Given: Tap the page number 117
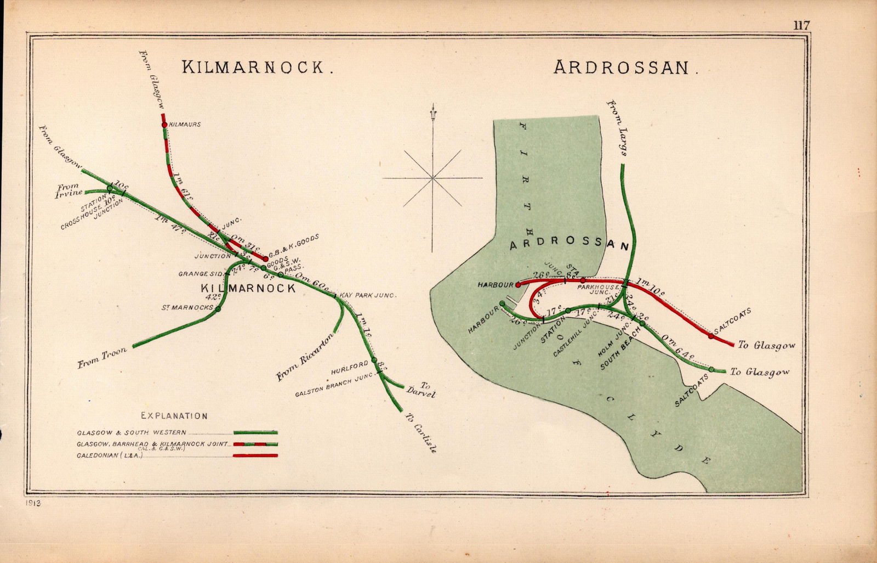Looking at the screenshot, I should pyautogui.click(x=800, y=25).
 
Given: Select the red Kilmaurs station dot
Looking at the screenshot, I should pyautogui.click(x=164, y=125).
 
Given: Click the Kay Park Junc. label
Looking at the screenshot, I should pyautogui.click(x=367, y=295).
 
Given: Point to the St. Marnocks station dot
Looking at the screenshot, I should pyautogui.click(x=218, y=309).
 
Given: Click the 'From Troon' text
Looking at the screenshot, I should pyautogui.click(x=102, y=358).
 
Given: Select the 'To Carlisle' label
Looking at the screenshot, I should pyautogui.click(x=421, y=433).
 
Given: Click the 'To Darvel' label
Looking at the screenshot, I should pyautogui.click(x=421, y=390).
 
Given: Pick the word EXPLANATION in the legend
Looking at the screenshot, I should pyautogui.click(x=174, y=416).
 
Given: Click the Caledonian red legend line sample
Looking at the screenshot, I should pyautogui.click(x=255, y=455).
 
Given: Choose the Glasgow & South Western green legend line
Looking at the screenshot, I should pyautogui.click(x=255, y=432).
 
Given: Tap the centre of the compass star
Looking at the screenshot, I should pyautogui.click(x=432, y=178).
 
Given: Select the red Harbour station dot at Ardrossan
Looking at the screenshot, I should pyautogui.click(x=518, y=285).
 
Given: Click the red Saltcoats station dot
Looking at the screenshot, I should pyautogui.click(x=711, y=336).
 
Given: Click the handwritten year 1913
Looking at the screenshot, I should pyautogui.click(x=33, y=503).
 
